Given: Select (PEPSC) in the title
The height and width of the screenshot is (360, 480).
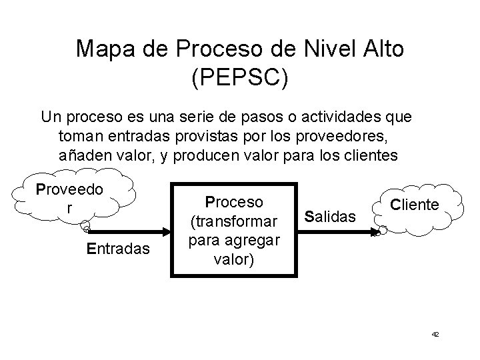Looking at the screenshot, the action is [x=240, y=78].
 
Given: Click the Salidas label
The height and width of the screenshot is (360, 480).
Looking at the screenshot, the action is [x=330, y=215].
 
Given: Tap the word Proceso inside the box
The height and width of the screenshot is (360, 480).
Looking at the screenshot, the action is [x=234, y=201].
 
